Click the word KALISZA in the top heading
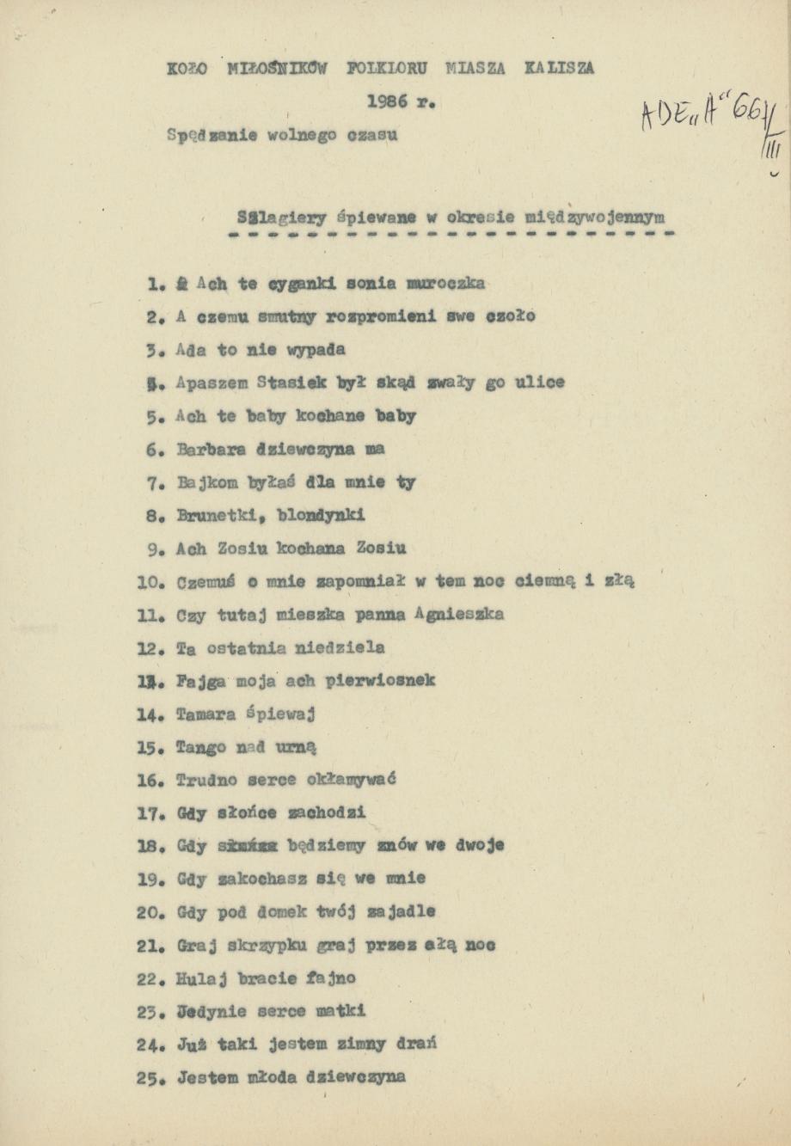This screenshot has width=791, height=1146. coord(559,69)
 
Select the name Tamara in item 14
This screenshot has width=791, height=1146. coord(205,714)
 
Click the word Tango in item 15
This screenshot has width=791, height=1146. coord(199,748)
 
